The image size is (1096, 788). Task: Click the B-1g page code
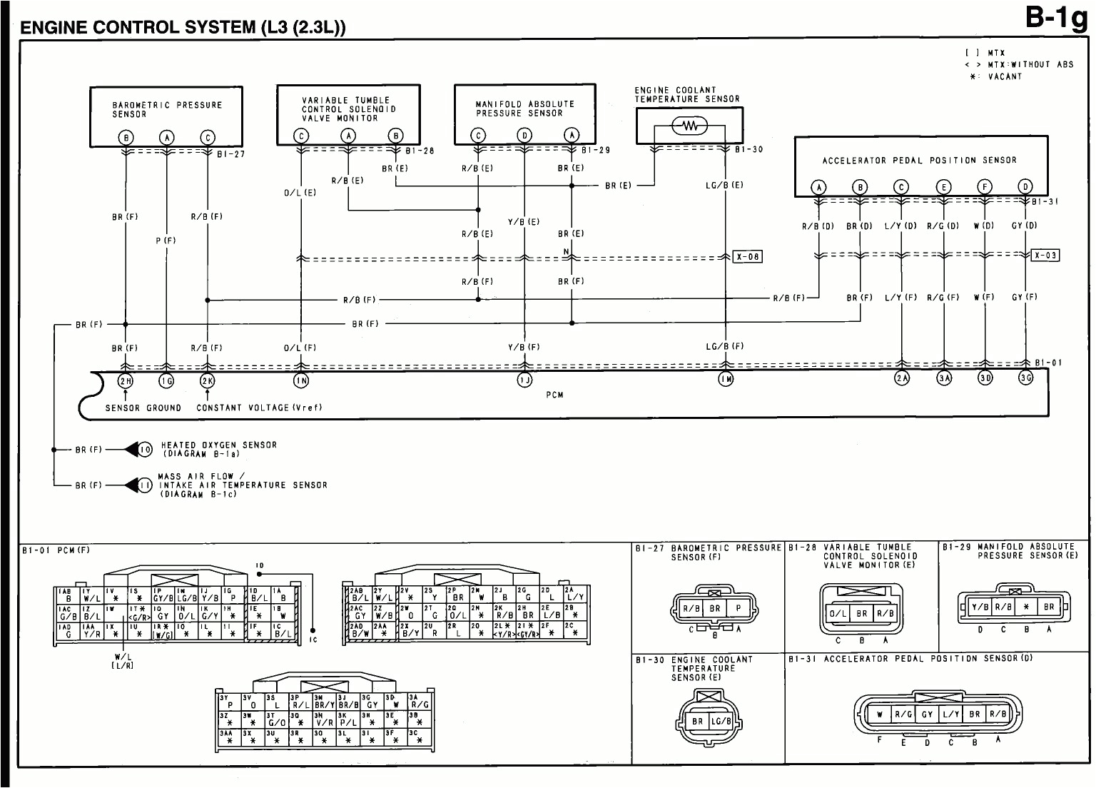point(1057,18)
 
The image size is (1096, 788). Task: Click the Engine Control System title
point(183,28)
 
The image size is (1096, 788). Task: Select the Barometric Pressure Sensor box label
point(167,109)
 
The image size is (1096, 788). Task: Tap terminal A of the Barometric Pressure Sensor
point(167,138)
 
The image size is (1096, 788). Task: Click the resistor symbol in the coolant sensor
point(689,127)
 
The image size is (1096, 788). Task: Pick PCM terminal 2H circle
point(126,380)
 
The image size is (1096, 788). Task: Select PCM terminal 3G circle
point(1025,378)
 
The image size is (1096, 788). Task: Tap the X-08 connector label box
point(747,257)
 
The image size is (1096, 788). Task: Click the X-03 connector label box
point(1045,256)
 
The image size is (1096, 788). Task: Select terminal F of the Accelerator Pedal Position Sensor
point(985,188)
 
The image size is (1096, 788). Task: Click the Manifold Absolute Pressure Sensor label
point(524,108)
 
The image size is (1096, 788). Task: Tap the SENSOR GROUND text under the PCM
point(143,408)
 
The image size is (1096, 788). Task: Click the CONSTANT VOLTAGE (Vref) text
point(259,408)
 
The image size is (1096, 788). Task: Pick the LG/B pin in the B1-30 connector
point(720,722)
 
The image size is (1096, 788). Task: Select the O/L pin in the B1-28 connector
point(837,613)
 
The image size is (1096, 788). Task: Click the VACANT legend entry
point(1005,76)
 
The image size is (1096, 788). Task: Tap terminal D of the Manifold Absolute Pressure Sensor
point(524,136)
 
